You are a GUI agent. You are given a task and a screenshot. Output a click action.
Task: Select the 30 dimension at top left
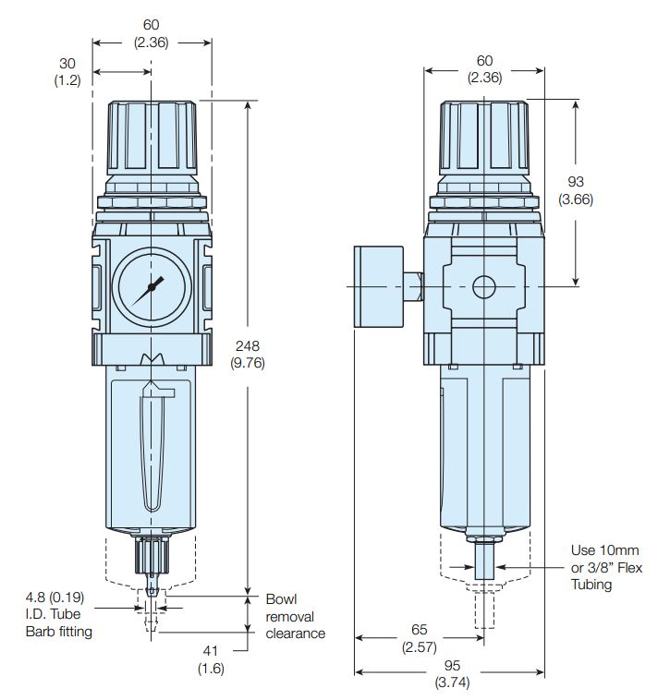67,63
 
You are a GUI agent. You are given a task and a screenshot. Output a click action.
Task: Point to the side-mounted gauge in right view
380,286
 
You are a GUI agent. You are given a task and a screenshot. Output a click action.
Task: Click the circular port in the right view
484,287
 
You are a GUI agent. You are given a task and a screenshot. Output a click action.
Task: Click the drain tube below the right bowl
484,562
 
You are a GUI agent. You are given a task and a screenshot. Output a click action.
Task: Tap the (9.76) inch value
249,362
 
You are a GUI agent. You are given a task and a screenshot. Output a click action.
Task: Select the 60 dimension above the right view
484,61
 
